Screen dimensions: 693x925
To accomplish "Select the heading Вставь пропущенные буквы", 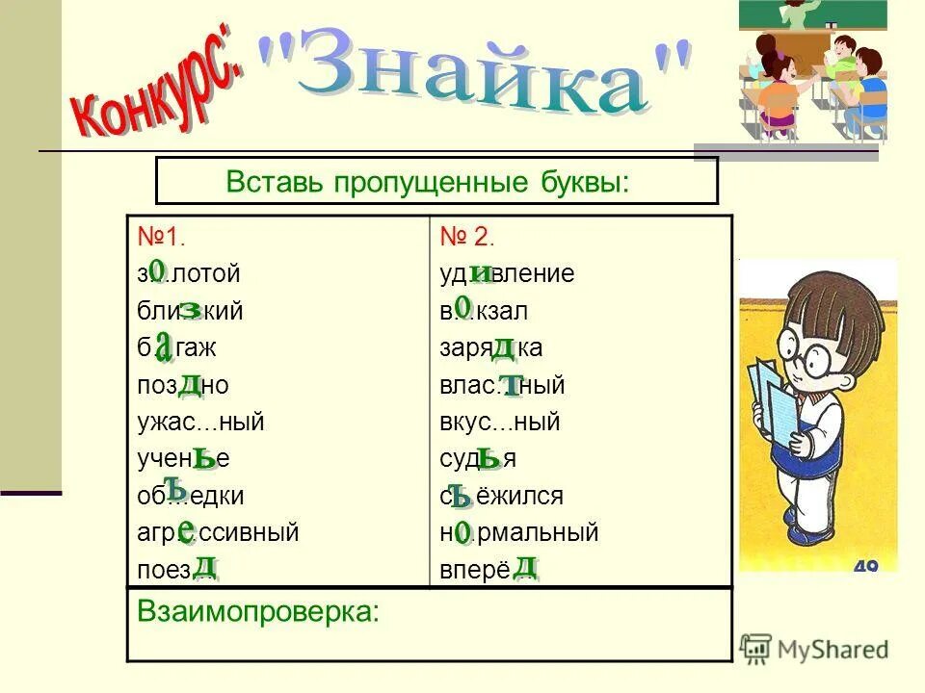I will coord(428,182).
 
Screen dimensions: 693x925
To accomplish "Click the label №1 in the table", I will coord(161,238).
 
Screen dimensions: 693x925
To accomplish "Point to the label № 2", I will coord(467,238).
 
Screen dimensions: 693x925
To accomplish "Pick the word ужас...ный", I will coord(200,422).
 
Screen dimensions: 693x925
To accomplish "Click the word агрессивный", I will coord(218,532).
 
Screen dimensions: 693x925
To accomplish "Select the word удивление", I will coord(507,274).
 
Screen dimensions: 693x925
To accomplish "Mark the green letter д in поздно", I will coord(191,384).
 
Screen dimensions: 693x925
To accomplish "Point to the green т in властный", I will coord(511,385).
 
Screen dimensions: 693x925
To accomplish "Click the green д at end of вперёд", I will coord(525,565).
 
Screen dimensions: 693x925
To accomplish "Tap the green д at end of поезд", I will coord(204,565).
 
